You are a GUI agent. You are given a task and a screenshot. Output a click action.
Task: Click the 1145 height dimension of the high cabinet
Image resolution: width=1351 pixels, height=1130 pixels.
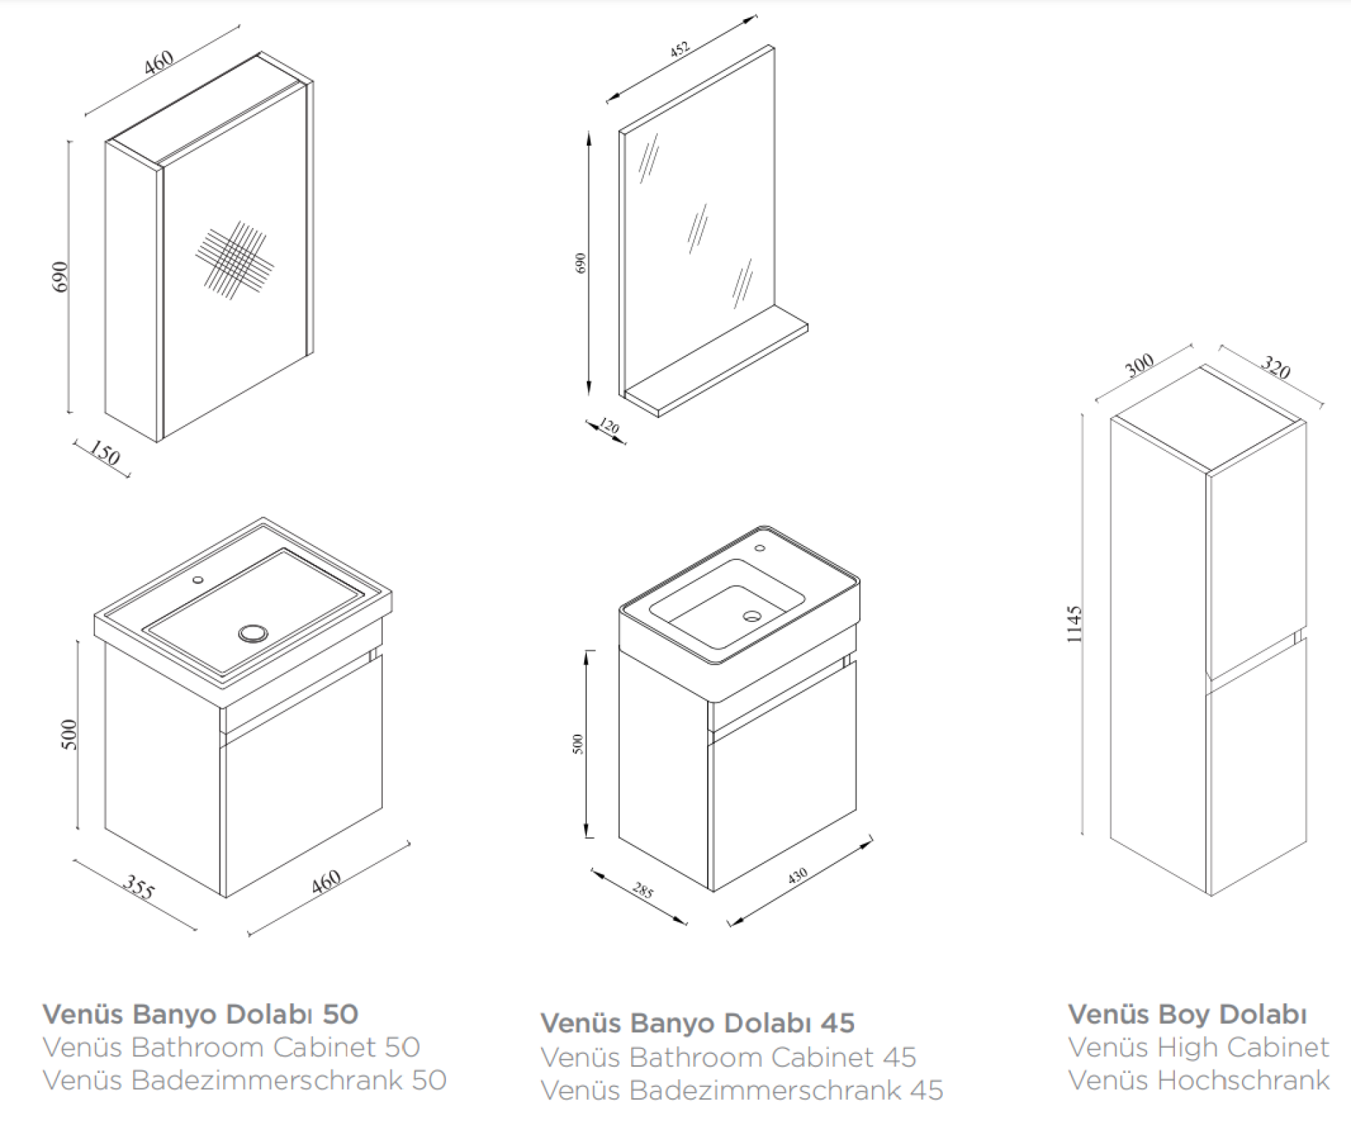click(x=1073, y=624)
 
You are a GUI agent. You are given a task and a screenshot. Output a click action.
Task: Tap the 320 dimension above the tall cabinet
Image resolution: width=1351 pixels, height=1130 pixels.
click(x=1274, y=367)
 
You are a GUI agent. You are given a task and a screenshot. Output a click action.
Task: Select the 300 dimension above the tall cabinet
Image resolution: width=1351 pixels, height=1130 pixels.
click(x=1139, y=364)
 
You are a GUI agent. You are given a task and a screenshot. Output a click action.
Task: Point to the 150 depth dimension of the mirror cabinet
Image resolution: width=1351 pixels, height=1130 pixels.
click(x=104, y=453)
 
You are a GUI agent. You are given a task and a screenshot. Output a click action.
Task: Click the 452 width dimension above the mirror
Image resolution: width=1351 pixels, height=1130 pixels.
click(x=679, y=50)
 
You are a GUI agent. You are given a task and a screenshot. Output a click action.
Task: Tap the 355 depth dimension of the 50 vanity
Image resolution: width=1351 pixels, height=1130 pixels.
click(x=138, y=887)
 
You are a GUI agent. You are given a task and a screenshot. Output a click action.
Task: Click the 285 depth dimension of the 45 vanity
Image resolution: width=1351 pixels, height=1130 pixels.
click(x=642, y=891)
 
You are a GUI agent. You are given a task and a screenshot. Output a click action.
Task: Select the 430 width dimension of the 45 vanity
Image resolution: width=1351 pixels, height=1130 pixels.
click(x=797, y=876)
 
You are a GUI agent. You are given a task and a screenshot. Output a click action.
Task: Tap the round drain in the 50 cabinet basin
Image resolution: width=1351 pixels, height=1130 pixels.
click(x=252, y=633)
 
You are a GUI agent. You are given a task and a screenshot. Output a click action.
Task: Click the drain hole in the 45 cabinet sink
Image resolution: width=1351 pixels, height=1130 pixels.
click(x=751, y=616)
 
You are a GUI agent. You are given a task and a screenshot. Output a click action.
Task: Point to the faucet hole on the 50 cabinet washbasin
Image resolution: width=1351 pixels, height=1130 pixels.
click(x=198, y=580)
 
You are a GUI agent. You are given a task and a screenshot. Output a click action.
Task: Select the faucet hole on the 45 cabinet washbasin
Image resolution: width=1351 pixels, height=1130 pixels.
click(x=760, y=547)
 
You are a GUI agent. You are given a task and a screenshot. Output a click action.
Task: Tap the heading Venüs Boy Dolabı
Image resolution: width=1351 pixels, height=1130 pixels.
click(x=1187, y=1014)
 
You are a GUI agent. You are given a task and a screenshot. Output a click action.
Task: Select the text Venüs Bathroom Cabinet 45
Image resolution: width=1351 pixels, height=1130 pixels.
click(x=728, y=1057)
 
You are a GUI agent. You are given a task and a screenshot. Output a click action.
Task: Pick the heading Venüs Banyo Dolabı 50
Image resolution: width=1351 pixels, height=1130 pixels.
click(x=201, y=1014)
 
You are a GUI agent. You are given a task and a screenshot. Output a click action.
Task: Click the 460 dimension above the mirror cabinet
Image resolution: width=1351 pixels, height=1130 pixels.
click(x=159, y=62)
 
